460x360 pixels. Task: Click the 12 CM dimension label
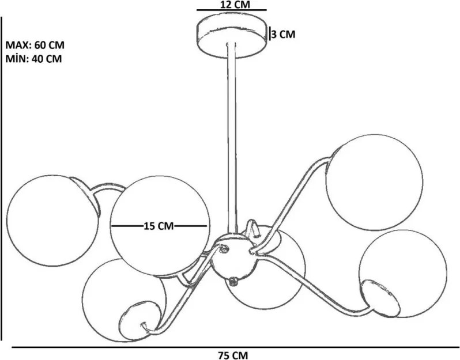click(231, 5)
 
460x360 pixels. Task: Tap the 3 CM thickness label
click(283, 35)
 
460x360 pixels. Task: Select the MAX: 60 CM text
click(35, 45)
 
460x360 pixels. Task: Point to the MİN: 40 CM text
click(34, 59)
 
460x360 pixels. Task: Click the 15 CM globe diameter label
click(159, 226)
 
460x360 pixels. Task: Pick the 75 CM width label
click(233, 355)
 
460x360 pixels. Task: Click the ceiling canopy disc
click(232, 37)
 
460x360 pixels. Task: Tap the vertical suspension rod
click(232, 138)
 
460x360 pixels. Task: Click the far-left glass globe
click(53, 221)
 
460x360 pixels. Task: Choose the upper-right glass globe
click(374, 183)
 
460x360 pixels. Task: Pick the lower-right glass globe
click(402, 273)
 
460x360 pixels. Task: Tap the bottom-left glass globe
click(124, 300)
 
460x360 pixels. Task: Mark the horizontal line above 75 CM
click(236, 347)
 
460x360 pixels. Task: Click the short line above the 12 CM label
click(232, 10)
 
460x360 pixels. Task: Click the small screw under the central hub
click(234, 281)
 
